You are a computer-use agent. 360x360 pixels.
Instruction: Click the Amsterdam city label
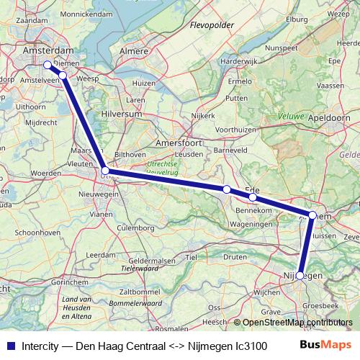coord(48,52)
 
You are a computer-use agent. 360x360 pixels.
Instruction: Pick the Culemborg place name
coord(136,228)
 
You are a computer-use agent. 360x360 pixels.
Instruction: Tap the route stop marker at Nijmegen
coord(300,275)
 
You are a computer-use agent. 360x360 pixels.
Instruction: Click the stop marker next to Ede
coord(253,197)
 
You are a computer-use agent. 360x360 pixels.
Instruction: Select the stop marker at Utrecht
coord(105,171)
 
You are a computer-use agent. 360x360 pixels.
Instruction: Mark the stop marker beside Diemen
coord(63,75)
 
